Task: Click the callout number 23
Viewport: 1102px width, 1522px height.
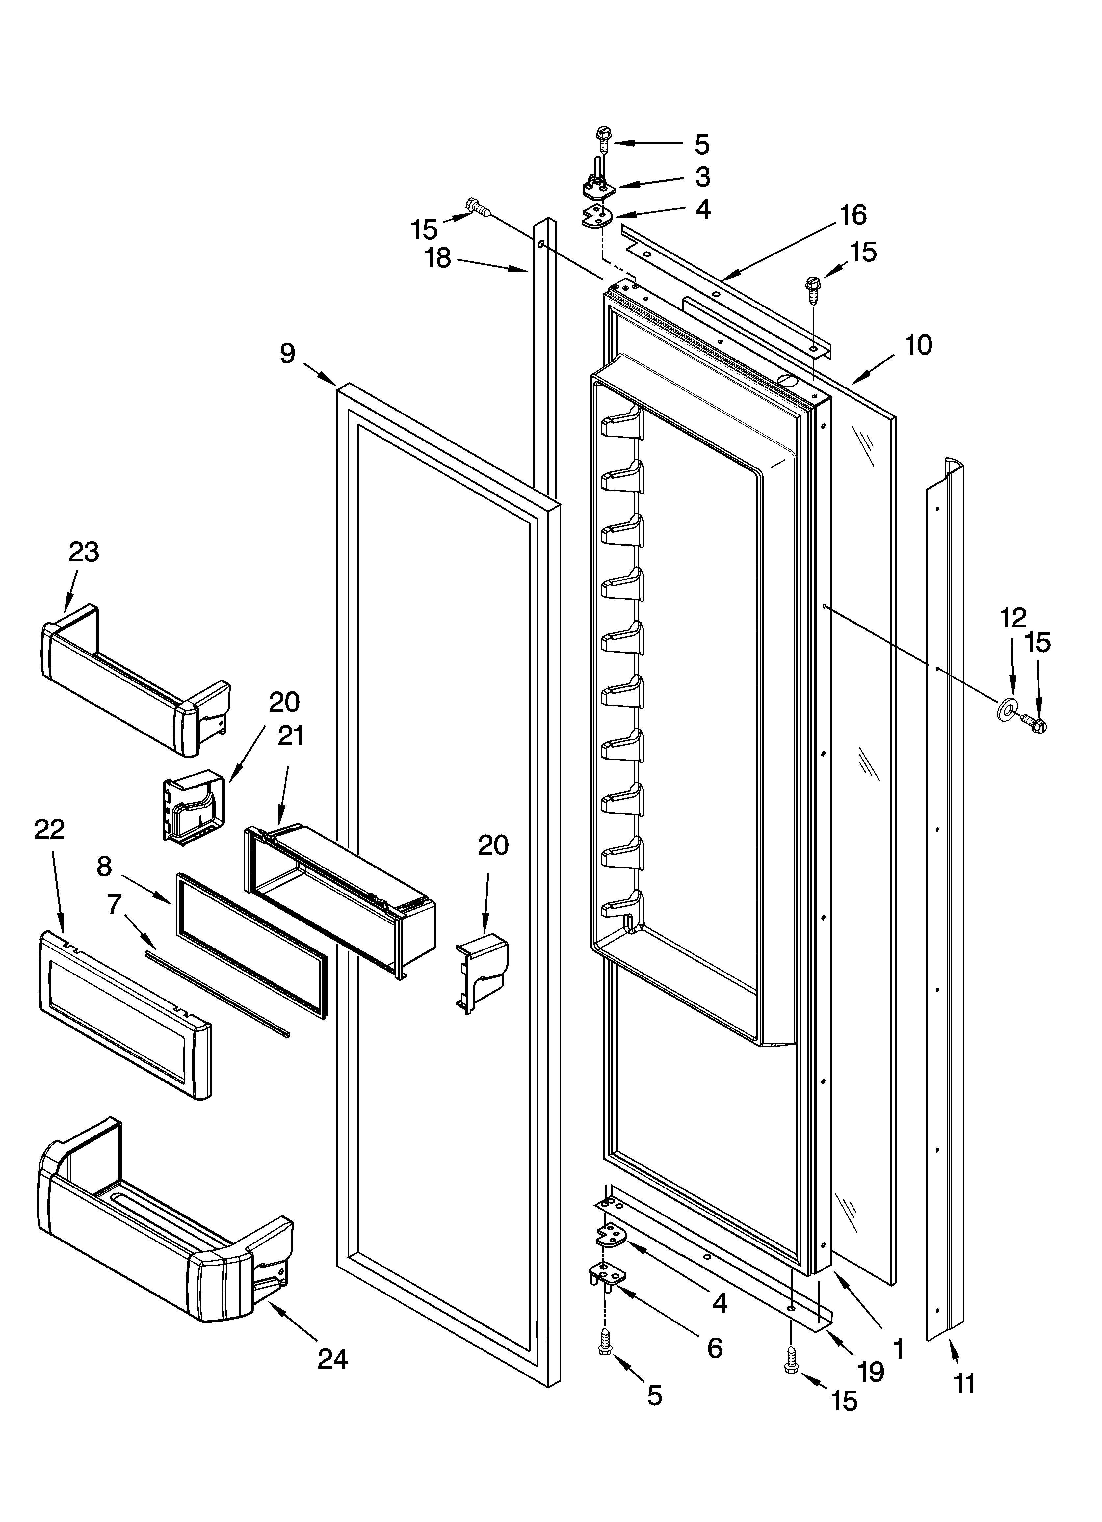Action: [84, 552]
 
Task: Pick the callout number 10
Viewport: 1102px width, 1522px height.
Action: [918, 345]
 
